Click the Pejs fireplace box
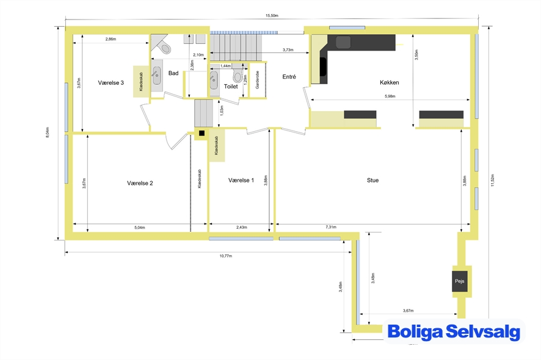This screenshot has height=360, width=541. click(460, 281)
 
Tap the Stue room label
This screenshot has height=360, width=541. click(372, 181)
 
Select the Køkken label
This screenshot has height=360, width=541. click(389, 82)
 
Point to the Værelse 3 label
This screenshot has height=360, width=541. click(111, 83)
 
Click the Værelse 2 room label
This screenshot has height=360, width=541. click(140, 183)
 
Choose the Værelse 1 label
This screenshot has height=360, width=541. click(241, 181)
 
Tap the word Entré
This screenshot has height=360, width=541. click(289, 77)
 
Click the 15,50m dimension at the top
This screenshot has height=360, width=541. click(272, 15)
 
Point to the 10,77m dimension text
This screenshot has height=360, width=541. click(226, 256)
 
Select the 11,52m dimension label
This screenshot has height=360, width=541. click(492, 180)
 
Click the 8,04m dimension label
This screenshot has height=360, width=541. click(47, 132)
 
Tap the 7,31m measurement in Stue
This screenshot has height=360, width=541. click(331, 227)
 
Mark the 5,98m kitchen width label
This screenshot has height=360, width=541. click(390, 96)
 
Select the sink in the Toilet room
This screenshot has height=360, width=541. click(214, 81)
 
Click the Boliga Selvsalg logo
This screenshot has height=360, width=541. click(454, 331)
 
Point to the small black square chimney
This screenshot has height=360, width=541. click(202, 133)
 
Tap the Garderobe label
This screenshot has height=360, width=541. click(258, 80)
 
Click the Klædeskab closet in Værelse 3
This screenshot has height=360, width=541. click(141, 81)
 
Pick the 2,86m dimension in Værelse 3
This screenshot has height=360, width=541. click(111, 39)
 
